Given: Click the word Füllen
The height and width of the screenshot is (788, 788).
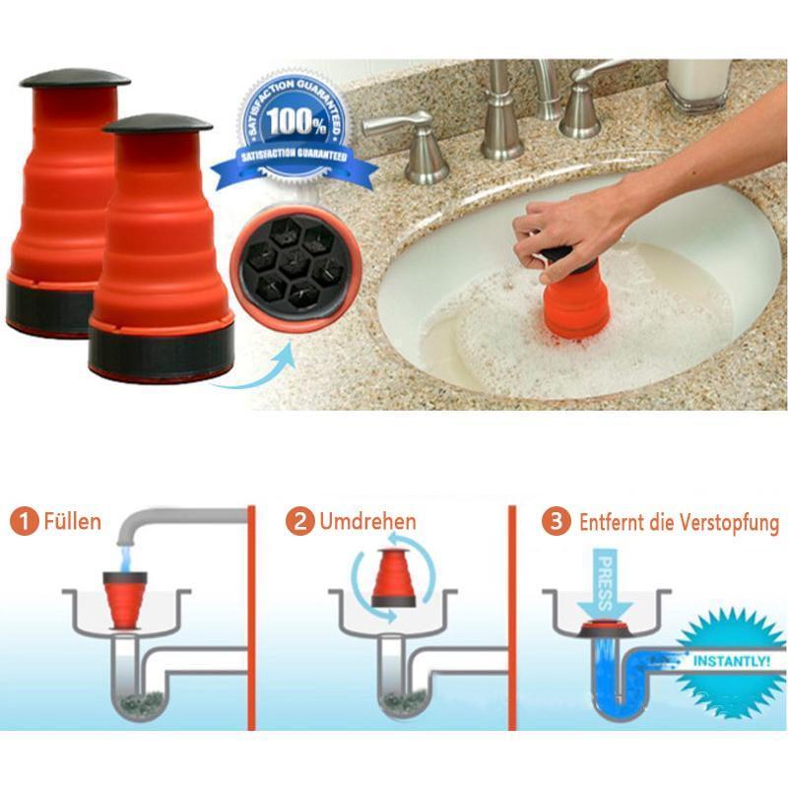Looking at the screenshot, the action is [x=72, y=522].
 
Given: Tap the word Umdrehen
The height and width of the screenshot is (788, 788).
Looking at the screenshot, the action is [x=367, y=522].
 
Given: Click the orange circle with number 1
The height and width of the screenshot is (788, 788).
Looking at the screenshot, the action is [x=24, y=522].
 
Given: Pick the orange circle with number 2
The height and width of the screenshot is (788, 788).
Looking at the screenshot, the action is [x=300, y=521].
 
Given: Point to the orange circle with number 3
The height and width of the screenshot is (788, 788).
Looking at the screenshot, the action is [x=556, y=521].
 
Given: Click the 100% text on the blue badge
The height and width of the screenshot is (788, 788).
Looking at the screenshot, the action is [x=295, y=121].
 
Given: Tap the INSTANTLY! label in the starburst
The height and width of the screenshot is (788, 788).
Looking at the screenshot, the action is [x=731, y=661].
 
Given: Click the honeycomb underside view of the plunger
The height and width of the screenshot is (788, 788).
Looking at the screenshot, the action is [x=295, y=268].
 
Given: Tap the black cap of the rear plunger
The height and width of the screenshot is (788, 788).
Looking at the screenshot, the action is [x=75, y=78].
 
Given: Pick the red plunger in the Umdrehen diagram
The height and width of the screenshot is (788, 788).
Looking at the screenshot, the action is [x=393, y=578].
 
